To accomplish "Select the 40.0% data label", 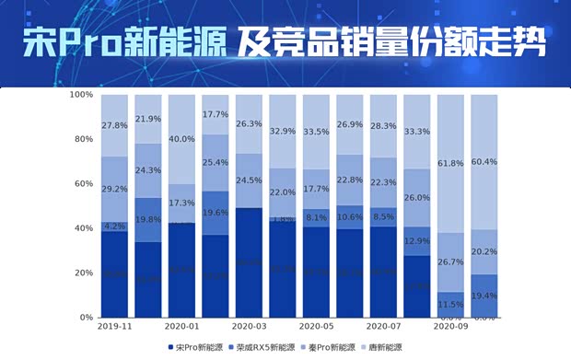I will point(182,139).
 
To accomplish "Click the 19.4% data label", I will point(485,296).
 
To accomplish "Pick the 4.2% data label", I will point(115,226).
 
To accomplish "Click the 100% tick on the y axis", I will point(80,95).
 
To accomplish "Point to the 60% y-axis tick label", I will point(83,184).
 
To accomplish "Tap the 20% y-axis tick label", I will point(83,273).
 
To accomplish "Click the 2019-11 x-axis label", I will point(115,326).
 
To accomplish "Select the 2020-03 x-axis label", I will point(250,326).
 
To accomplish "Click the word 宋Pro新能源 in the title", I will point(124,42).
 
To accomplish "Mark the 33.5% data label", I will point(317,132).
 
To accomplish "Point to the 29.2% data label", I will point(115,189).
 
